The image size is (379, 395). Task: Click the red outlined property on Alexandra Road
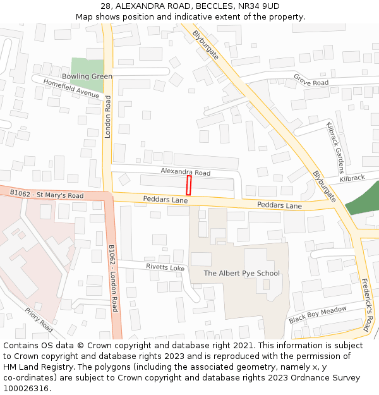188,186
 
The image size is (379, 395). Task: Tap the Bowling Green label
87,76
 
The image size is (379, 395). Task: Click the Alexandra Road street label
185,172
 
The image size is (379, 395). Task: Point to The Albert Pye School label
241,273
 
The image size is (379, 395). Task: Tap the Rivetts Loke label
165,267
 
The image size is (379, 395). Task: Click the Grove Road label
311,80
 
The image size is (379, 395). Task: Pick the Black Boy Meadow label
318,314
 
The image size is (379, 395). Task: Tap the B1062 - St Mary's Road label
47,194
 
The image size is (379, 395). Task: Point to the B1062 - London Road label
113,279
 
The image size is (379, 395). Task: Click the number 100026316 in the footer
26,388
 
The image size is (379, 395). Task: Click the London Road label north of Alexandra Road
108,117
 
